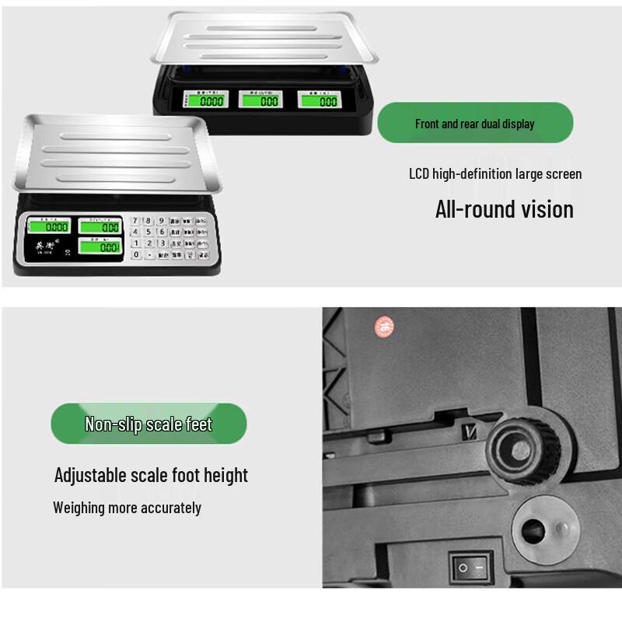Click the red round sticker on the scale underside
(x=384, y=327)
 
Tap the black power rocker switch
(x=470, y=567)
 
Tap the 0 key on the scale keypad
(x=136, y=254)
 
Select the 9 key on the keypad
(x=162, y=221)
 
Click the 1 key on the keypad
(x=136, y=243)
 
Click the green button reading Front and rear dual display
(x=475, y=123)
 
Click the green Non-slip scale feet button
(x=149, y=424)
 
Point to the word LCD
(x=420, y=174)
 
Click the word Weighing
(x=79, y=508)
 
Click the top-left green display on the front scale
(x=48, y=227)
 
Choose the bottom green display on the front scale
(x=99, y=247)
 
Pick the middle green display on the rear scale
(x=261, y=100)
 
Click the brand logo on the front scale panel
(x=44, y=247)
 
